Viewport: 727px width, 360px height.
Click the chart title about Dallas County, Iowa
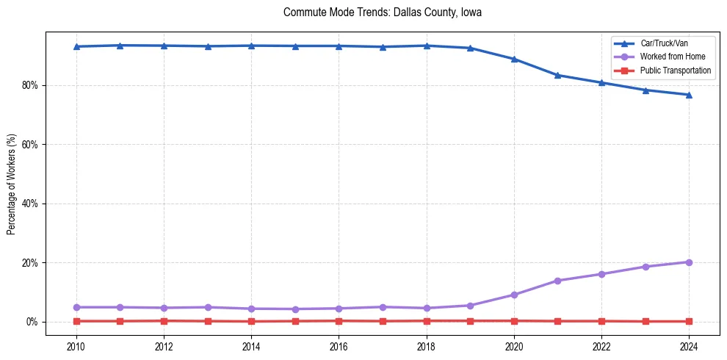382,12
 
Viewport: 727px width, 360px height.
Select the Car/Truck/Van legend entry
664,43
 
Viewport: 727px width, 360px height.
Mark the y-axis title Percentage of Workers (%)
12,184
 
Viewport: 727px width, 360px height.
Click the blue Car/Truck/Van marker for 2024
689,95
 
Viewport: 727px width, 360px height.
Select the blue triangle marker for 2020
514,60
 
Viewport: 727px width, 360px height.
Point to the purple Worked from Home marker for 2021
557,281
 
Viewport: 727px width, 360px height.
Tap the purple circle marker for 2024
689,262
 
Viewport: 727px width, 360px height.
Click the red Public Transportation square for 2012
164,320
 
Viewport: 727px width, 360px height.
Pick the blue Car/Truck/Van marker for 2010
76,46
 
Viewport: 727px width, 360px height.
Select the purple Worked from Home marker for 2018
427,308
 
